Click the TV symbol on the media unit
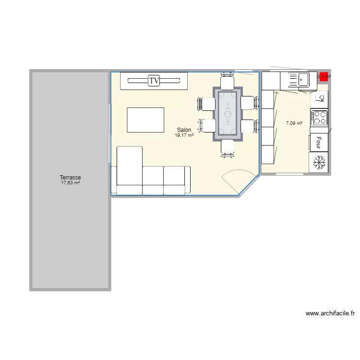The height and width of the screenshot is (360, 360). coord(154,81)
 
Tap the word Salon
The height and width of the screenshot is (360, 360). coord(184,130)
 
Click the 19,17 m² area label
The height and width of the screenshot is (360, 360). coord(184,135)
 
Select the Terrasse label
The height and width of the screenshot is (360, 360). coord(70,178)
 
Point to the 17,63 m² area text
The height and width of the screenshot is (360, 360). coord(70,183)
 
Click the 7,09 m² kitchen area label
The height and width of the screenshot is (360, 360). coord(294,123)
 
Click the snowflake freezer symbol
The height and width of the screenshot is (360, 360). coord(319,162)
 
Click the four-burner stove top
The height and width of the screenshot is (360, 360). coord(319,118)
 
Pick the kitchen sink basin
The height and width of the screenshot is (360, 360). coord(304,78)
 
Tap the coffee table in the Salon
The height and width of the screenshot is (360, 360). coord(145,120)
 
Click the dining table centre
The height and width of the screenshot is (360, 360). coord(228,114)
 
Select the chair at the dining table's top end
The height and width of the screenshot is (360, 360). coord(228,82)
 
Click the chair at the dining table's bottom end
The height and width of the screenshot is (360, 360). coord(228,148)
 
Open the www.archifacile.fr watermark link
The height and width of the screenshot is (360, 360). coord(330,313)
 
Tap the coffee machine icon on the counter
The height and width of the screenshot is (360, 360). coord(320,99)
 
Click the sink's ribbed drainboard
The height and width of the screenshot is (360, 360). coord(292,78)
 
